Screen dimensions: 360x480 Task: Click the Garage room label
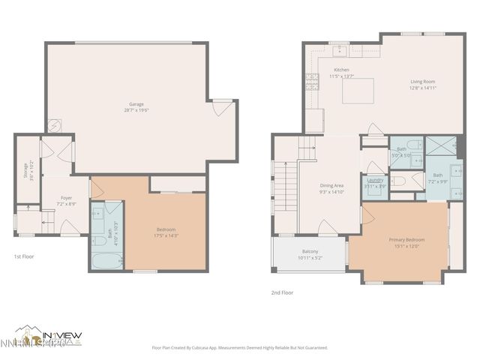tap(136, 104)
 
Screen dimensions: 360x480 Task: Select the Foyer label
tap(66, 198)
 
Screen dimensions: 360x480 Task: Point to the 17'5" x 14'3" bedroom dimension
tap(166, 235)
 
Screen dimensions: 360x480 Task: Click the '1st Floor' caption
tap(25, 256)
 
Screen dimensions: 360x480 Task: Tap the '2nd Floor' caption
tap(283, 292)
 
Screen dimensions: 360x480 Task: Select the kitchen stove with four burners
tap(310, 82)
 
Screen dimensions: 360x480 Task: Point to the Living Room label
tap(422, 81)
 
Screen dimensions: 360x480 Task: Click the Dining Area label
tap(331, 185)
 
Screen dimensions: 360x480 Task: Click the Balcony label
tap(310, 251)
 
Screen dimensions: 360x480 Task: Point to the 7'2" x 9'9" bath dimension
tap(437, 181)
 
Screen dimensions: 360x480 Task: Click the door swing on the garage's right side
tap(221, 109)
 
